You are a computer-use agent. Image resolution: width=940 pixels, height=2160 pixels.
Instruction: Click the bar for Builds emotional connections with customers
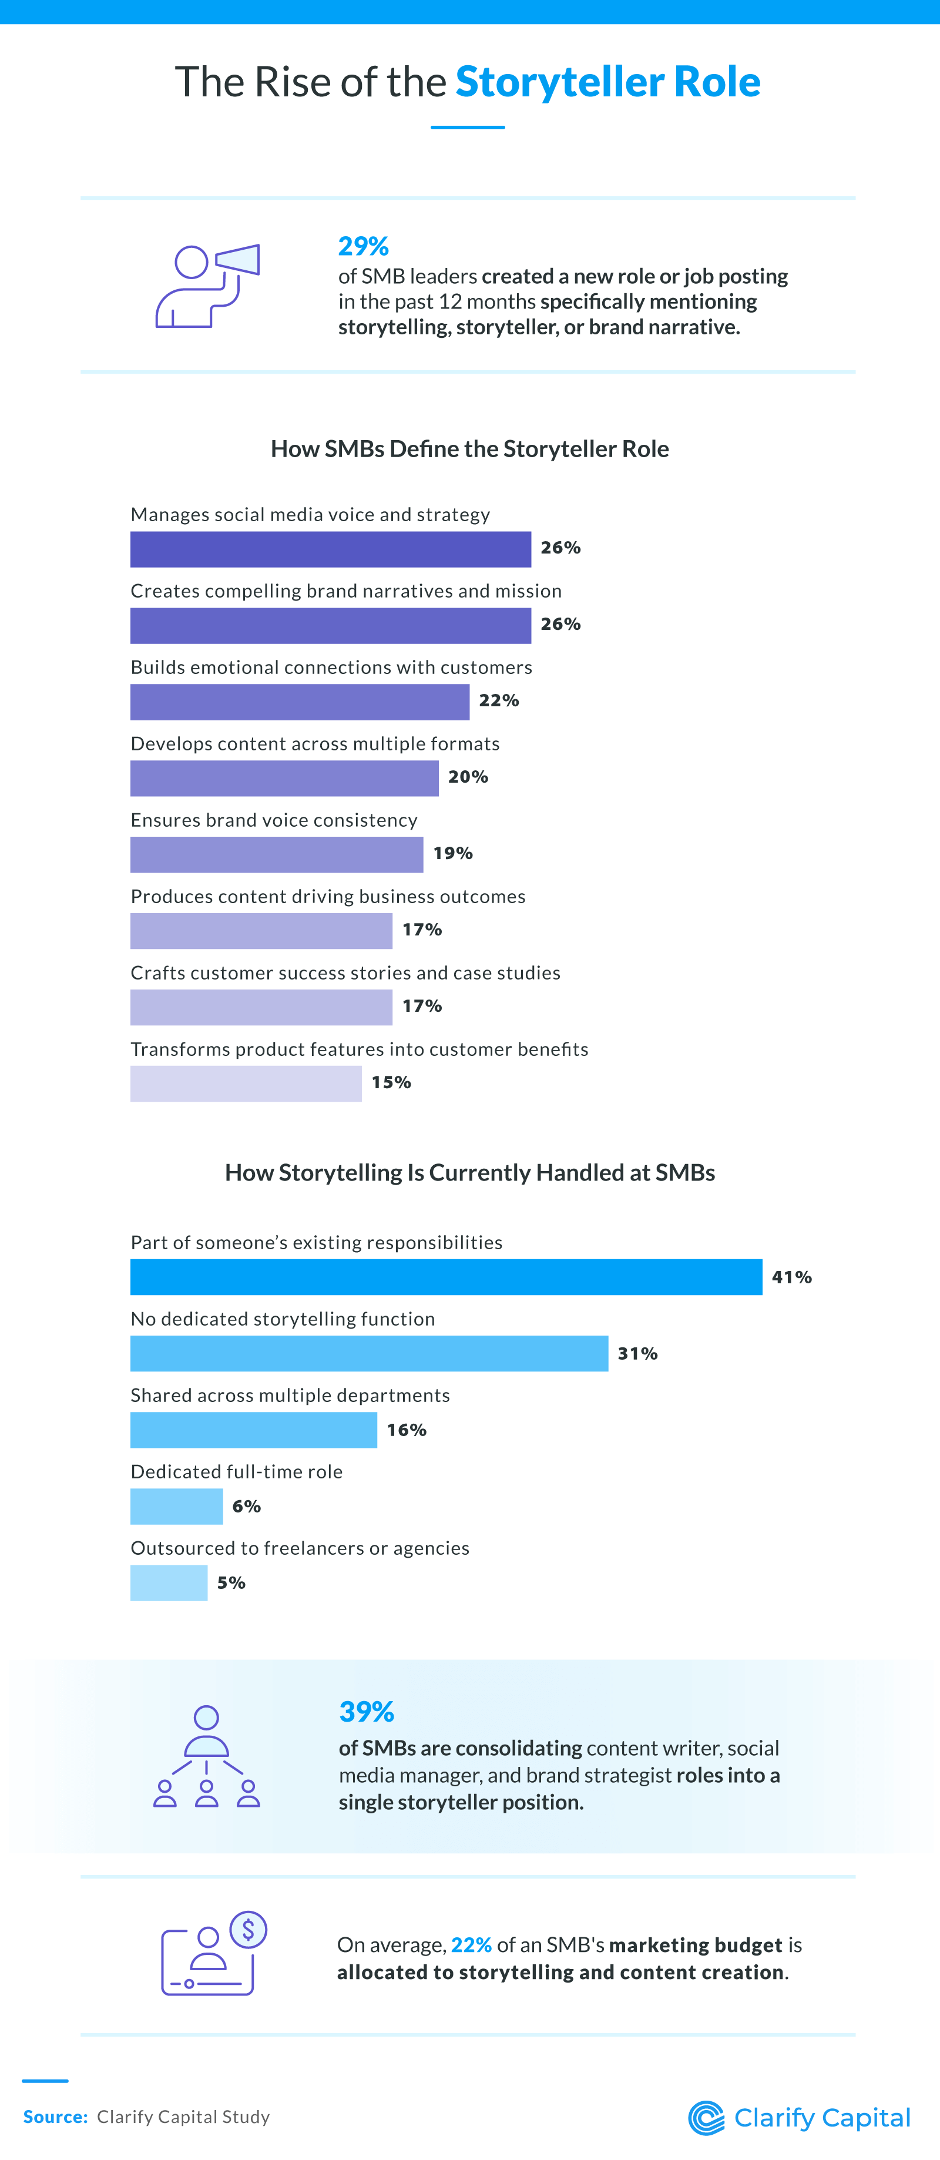click(300, 702)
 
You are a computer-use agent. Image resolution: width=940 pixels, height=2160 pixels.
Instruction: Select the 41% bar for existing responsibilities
click(445, 1276)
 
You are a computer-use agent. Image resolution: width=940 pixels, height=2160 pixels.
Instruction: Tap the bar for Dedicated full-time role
click(176, 1506)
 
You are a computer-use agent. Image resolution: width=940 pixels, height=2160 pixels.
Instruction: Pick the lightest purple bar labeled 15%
click(246, 1084)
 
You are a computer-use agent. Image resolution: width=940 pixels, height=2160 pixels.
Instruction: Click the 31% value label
click(637, 1353)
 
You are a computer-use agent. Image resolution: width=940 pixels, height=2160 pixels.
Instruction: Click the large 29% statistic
click(363, 247)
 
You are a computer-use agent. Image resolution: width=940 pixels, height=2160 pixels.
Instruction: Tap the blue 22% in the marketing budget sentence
click(471, 1944)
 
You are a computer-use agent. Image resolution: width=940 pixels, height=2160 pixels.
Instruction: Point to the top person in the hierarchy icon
click(206, 1718)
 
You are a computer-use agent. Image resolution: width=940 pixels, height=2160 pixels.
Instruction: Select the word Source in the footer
click(55, 2117)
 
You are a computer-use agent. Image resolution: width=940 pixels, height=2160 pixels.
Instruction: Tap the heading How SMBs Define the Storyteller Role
click(469, 448)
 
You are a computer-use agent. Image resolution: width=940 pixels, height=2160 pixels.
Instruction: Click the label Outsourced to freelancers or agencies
click(300, 1548)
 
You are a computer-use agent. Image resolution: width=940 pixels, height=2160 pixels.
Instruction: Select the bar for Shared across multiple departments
click(253, 1430)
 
